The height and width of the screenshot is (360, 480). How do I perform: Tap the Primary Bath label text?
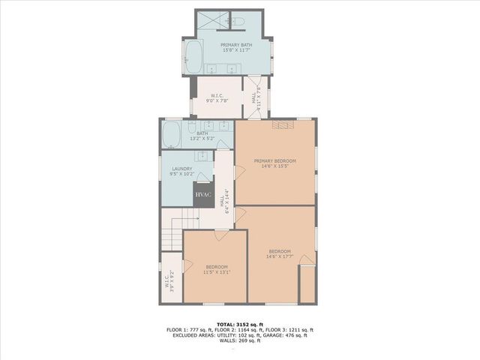236,45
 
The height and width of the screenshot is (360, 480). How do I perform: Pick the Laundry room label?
182,169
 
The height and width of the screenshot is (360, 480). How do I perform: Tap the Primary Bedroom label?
275,161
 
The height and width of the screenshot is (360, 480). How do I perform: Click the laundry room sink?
201,155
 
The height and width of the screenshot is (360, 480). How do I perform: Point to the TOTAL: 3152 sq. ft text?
239,324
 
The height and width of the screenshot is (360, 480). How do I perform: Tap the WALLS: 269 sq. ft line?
239,340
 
